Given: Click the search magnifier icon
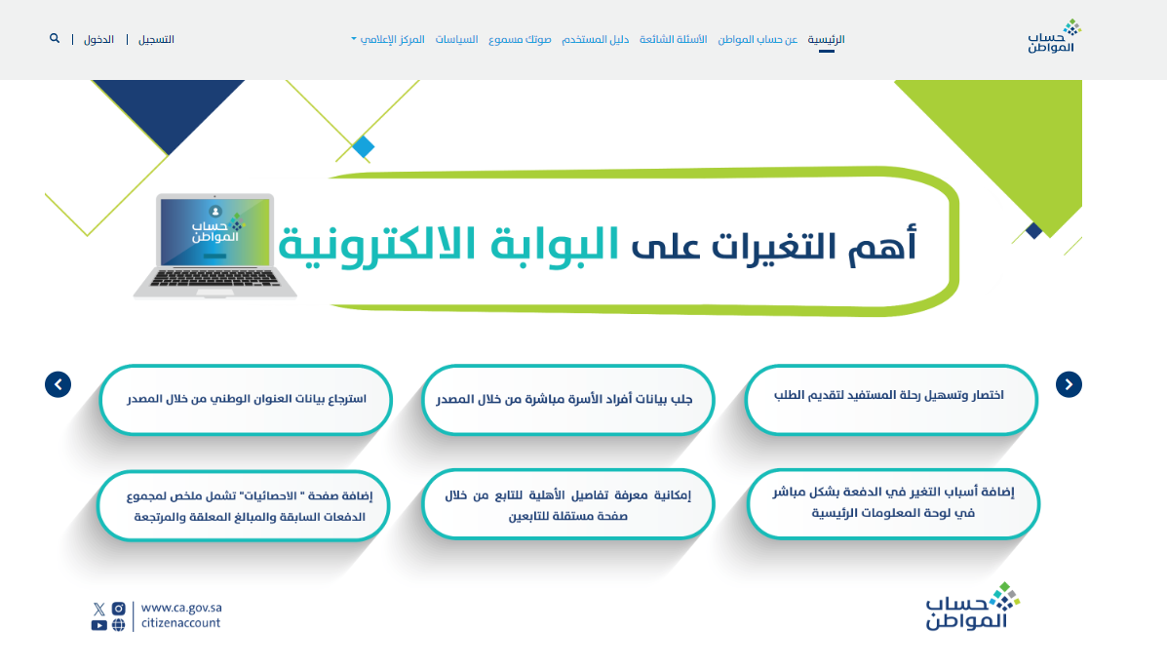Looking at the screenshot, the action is point(55,38).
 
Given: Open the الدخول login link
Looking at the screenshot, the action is point(98,39).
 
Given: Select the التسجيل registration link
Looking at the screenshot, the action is point(156,39).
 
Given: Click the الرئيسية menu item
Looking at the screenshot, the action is point(826,39).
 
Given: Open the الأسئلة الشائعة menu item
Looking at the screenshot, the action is point(673,39).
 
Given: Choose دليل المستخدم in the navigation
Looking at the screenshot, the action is point(596,39).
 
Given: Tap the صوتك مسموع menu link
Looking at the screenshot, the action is point(520,39).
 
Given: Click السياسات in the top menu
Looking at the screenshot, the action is point(456,39).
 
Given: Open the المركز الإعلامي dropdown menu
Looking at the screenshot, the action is point(388,39).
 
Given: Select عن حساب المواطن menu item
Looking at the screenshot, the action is point(757,39).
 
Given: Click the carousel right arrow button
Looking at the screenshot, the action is point(1069,384).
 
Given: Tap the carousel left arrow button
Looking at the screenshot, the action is point(58,384).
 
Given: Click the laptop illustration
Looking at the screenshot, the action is point(214,246).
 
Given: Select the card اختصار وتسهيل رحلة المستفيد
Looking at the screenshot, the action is point(891,400).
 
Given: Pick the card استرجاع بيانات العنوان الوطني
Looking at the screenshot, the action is point(246,400).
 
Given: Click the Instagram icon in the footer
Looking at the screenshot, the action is point(118,609).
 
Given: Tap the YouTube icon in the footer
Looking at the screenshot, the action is point(99,625).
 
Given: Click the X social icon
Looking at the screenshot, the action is point(99,609).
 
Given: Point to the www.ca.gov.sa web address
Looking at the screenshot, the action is point(181,608).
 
